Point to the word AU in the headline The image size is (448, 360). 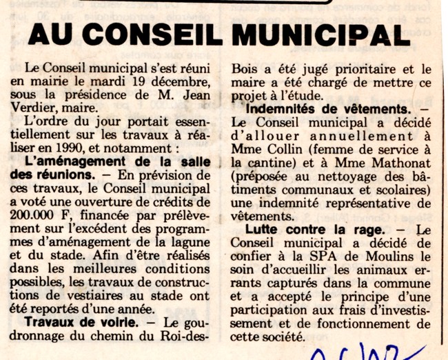pos(52,34)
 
